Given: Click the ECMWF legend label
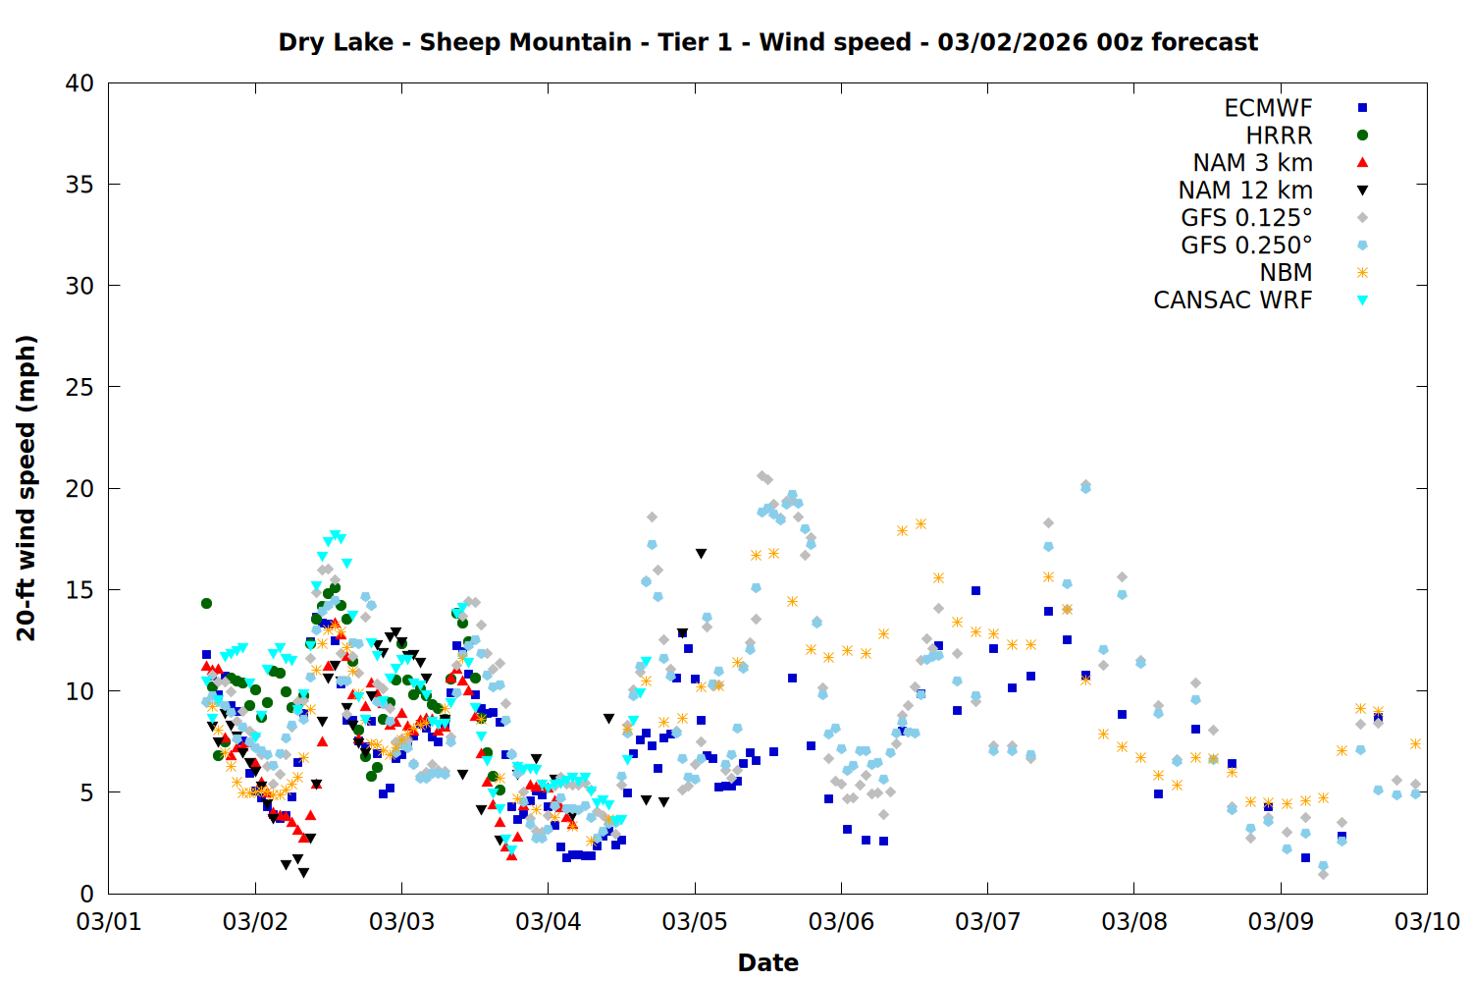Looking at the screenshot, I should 1268,108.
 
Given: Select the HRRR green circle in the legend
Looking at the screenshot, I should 1362,136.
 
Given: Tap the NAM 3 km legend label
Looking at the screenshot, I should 1252,163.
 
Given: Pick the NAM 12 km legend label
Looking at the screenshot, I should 1245,191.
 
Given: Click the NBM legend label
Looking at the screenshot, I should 1286,273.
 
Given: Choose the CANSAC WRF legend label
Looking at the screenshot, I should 1233,300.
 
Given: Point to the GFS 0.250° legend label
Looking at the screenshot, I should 1246,245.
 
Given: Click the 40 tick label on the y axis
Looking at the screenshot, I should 79,83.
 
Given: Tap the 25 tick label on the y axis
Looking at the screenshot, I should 79,387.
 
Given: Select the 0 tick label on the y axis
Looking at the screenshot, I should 87,894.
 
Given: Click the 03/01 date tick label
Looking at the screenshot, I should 108,922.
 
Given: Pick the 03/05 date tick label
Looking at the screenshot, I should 694,922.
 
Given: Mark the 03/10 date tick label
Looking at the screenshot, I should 1427,922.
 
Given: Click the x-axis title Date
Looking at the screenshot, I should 767,962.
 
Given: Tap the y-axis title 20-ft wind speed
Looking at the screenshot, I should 26,488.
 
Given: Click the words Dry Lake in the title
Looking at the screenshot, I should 336,42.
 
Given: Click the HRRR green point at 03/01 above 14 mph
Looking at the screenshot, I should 206,603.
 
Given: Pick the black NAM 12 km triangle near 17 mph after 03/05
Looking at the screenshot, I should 701,554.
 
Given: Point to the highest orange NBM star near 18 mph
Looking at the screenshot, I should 920,523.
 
